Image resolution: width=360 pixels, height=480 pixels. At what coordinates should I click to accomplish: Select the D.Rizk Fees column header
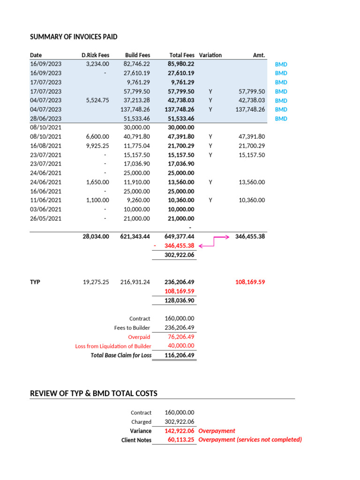pos(95,55)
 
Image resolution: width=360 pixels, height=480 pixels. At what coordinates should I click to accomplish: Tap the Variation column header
pos(210,55)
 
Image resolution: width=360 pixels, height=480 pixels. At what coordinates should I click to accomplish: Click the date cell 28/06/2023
pos(45,119)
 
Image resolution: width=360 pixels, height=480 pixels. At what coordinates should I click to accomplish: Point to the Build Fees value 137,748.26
pos(135,109)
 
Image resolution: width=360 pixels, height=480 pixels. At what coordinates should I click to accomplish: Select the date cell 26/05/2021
pos(45,218)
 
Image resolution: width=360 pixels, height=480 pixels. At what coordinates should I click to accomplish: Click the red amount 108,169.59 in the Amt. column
pos(250,282)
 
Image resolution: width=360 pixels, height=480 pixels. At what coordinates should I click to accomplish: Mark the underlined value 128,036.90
pos(180,300)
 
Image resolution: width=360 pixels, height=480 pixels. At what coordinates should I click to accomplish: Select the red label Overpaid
pos(139,337)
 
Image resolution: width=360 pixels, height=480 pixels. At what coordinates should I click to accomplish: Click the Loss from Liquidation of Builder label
pos(113,346)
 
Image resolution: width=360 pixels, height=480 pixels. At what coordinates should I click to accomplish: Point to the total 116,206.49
pos(180,355)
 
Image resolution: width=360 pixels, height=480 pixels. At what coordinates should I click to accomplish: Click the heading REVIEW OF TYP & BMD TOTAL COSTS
pos(94,393)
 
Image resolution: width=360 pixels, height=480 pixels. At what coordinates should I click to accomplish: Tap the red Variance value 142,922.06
pos(180,431)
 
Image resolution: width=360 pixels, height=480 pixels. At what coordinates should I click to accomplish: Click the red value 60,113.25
pos(181,440)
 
